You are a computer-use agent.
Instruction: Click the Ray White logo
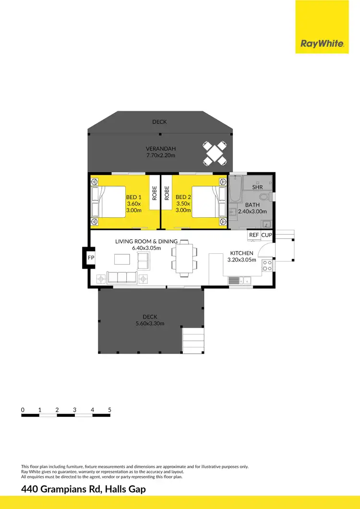click(x=322, y=44)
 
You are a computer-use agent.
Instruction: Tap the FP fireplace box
click(x=91, y=258)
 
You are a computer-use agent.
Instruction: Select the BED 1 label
click(x=133, y=197)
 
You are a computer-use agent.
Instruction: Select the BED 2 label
click(x=183, y=197)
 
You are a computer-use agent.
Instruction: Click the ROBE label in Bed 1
click(x=155, y=193)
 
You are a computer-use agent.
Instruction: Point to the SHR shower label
click(x=257, y=187)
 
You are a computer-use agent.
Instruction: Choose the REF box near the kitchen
click(x=254, y=235)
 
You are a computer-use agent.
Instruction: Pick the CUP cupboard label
click(x=266, y=235)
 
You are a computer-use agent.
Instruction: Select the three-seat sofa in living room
click(x=121, y=278)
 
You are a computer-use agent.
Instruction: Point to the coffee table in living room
click(x=121, y=259)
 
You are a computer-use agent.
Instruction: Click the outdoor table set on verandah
click(x=215, y=153)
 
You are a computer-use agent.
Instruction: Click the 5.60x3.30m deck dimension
click(x=150, y=323)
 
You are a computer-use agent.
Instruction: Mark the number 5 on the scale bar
click(x=110, y=410)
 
